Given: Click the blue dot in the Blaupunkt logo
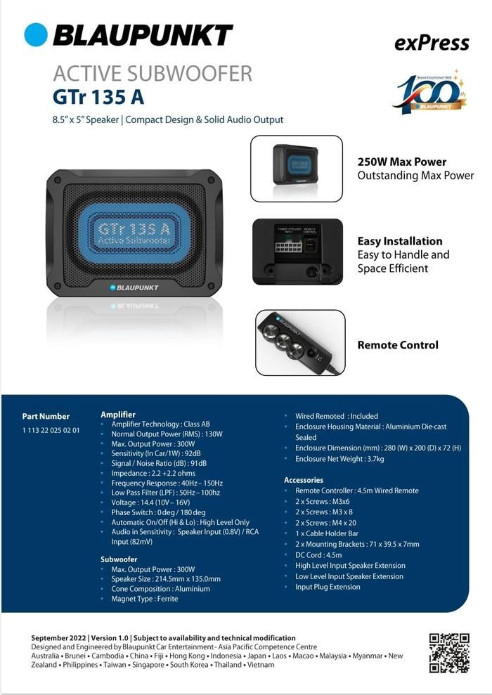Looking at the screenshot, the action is click(36, 34).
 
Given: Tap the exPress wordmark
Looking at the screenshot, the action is click(432, 43).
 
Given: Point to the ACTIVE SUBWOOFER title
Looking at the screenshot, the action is click(153, 73).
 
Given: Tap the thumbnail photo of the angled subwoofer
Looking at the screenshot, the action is click(296, 168).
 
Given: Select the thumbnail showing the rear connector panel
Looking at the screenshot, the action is click(297, 251).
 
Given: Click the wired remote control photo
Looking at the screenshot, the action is click(300, 342).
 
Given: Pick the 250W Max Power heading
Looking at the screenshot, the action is click(402, 162).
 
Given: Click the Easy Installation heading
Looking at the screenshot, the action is click(400, 241).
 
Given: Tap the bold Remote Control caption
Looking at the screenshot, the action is click(398, 345).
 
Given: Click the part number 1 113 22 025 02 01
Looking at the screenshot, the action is click(51, 430).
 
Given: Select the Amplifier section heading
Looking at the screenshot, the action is click(118, 415).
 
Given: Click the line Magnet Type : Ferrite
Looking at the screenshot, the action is click(145, 599).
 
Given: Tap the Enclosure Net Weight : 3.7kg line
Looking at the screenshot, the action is click(339, 459).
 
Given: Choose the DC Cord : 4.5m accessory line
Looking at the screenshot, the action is click(319, 554).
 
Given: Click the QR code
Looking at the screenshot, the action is click(448, 653).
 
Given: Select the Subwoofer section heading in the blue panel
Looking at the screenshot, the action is click(119, 559).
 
